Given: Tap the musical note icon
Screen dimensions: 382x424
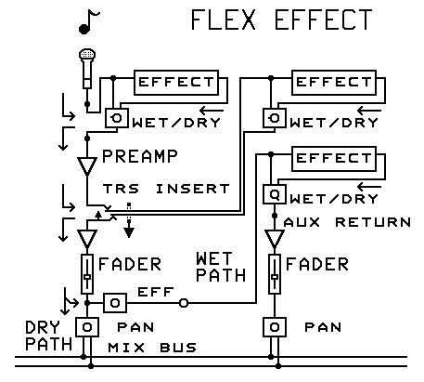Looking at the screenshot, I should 90,21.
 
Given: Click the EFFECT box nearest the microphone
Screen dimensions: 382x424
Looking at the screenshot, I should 175,83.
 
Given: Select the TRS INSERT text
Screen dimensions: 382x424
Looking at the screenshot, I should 166,188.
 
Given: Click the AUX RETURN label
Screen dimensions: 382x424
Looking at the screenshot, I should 347,221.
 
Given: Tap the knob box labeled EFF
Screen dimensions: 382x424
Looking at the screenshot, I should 114,303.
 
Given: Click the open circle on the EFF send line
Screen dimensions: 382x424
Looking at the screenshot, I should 184,303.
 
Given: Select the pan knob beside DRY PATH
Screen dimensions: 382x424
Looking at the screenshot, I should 87,329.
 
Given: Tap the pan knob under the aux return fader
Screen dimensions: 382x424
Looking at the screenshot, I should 274,329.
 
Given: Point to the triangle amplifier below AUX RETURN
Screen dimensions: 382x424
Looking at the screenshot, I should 274,240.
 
